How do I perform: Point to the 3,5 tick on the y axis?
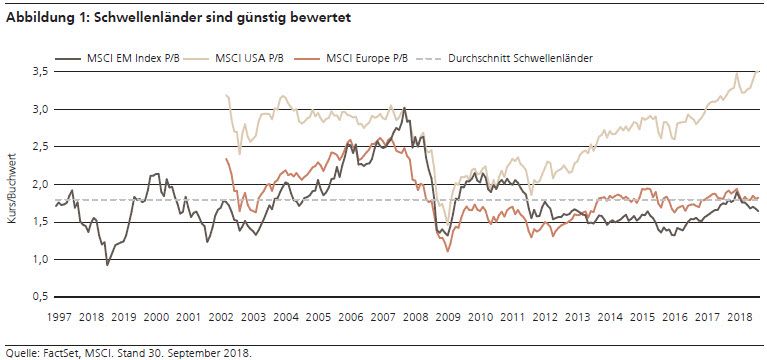[x=38, y=72]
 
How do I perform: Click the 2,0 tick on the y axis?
[x=38, y=185]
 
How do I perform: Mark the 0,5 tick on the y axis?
[x=38, y=297]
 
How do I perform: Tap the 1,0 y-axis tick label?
[x=38, y=260]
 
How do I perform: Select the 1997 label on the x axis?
[x=58, y=316]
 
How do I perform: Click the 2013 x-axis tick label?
[x=578, y=316]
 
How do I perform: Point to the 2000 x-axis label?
[x=156, y=316]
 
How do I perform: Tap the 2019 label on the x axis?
[x=123, y=316]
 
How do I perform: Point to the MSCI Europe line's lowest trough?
[x=448, y=250]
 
